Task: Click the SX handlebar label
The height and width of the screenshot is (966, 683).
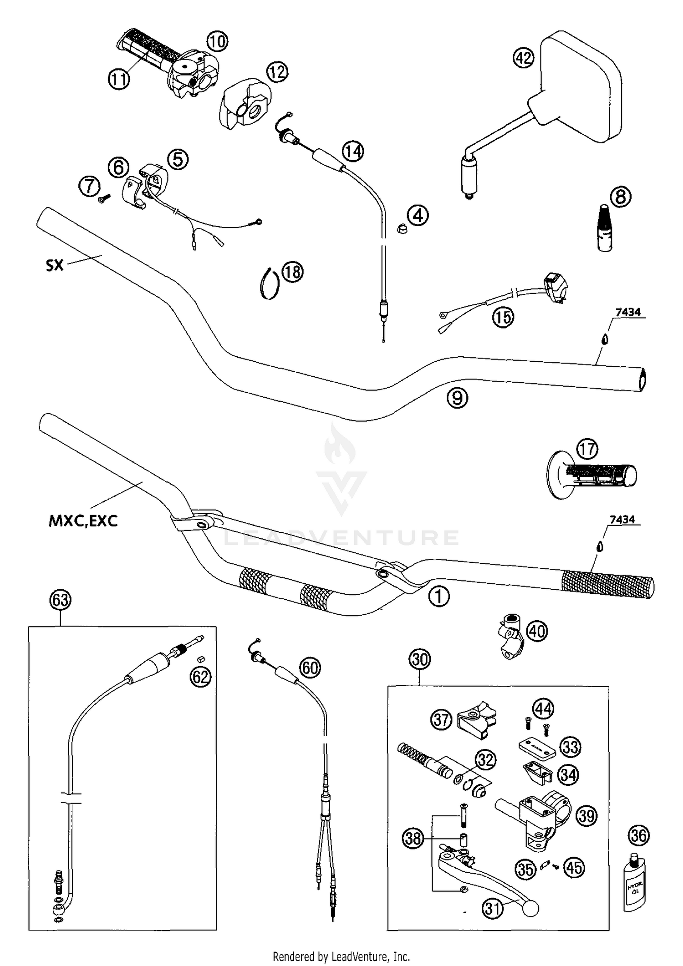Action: (x=55, y=265)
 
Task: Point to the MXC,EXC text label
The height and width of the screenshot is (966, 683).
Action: (x=83, y=521)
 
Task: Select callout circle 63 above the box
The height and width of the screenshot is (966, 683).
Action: (x=61, y=600)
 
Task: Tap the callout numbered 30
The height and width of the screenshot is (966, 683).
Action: (x=420, y=659)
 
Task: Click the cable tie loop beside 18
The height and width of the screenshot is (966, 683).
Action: (x=270, y=283)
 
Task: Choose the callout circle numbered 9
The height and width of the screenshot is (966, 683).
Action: (x=457, y=398)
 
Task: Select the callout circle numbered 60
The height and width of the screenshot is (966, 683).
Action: (x=310, y=668)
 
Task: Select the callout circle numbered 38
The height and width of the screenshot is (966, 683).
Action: (x=413, y=838)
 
